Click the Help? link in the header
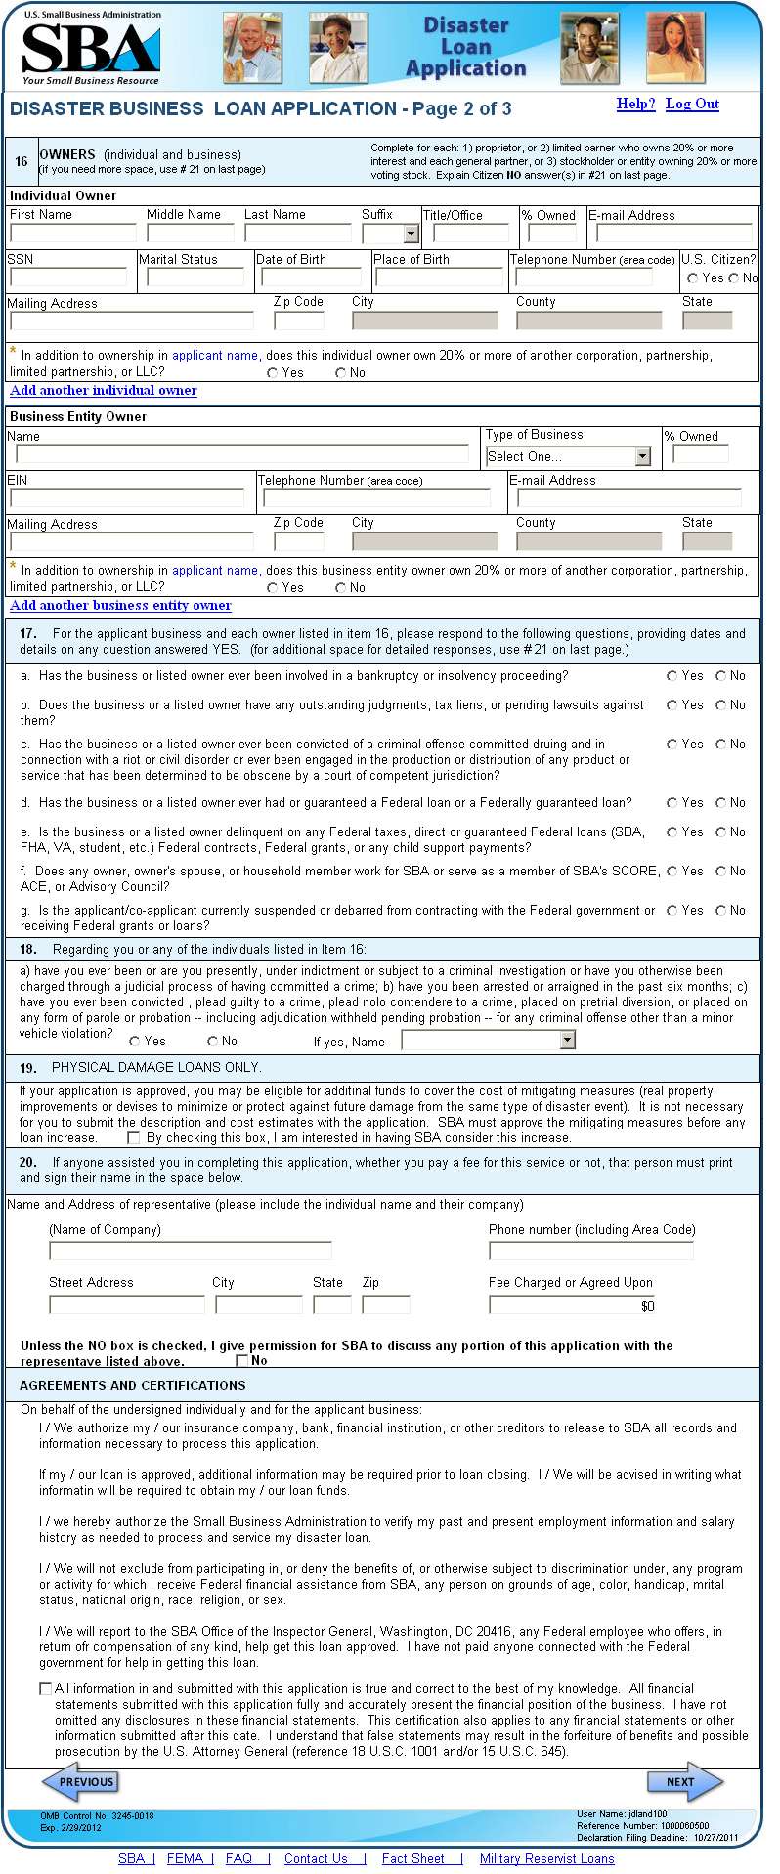point(635,104)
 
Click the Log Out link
point(692,104)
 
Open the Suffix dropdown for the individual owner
point(411,234)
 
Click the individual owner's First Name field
point(73,233)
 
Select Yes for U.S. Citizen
point(692,278)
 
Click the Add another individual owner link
point(104,390)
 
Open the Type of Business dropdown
point(642,456)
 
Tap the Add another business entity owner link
point(120,605)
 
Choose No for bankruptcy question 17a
point(721,675)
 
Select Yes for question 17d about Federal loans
point(672,802)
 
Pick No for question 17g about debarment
point(721,910)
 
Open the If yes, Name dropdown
point(568,1042)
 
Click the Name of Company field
point(191,1251)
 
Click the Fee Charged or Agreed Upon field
point(572,1305)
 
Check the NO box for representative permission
point(241,1360)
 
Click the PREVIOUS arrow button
point(80,1781)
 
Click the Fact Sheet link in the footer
point(413,1858)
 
